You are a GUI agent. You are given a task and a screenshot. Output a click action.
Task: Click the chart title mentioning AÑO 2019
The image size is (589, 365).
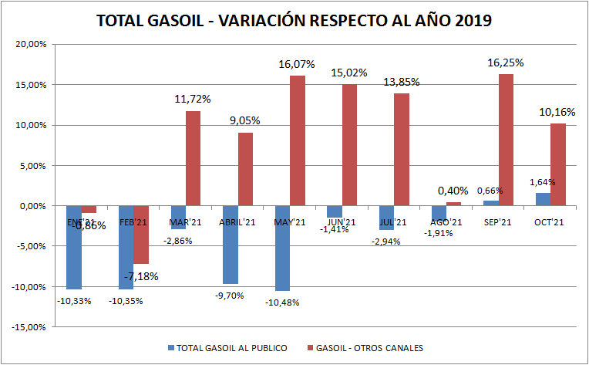[294, 21]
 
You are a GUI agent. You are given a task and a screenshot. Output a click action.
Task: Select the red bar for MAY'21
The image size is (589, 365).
[298, 140]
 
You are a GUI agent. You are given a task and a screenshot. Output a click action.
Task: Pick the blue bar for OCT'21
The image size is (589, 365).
[543, 199]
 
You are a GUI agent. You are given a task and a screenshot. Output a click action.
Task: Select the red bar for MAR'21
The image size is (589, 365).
[194, 158]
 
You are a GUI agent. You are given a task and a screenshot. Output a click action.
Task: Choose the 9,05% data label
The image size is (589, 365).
[245, 120]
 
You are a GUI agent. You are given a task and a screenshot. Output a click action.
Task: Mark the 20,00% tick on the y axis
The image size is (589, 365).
[30, 44]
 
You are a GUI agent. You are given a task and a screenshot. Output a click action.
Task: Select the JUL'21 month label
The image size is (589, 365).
[393, 222]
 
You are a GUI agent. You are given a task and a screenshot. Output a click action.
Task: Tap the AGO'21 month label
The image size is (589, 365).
[446, 222]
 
